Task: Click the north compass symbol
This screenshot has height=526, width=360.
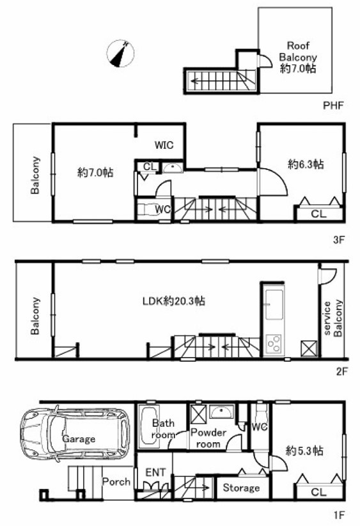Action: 120,54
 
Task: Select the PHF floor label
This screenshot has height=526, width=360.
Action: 333,105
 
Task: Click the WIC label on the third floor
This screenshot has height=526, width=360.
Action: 164,145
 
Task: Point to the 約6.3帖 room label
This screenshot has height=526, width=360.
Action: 306,164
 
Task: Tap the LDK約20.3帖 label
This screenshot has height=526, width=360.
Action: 174,300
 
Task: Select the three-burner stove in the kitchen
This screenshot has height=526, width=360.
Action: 274,343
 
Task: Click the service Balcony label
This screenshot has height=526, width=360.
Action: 333,318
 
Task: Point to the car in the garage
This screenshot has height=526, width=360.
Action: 75,435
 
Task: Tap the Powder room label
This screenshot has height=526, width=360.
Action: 208,438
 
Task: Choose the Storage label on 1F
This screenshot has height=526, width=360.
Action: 241,488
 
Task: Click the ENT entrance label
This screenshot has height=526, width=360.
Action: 155,472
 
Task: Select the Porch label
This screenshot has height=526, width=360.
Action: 116,482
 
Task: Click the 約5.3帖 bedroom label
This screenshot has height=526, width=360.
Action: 304,451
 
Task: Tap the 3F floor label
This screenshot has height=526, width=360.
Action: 338,240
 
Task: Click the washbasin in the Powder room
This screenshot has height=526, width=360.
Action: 221,411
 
